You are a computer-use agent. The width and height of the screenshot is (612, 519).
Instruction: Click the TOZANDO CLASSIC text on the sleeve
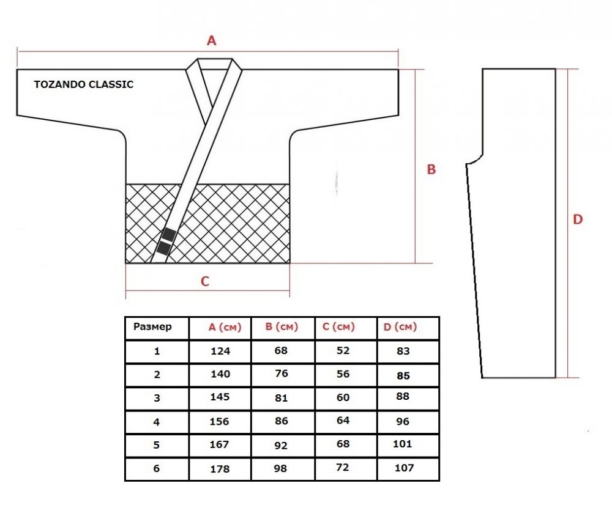tap(83, 84)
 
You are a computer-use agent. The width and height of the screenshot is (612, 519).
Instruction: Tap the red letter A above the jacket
tap(211, 40)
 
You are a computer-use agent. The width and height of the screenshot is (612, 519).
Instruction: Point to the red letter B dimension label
tap(431, 169)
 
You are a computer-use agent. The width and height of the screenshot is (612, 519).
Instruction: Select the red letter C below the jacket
tap(205, 281)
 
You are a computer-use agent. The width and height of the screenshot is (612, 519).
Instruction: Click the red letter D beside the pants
tap(578, 219)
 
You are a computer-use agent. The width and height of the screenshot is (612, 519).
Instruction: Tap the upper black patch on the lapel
tap(169, 234)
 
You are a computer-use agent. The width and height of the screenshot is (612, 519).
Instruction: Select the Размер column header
tap(152, 326)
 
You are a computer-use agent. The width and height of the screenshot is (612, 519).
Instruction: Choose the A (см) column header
tap(225, 327)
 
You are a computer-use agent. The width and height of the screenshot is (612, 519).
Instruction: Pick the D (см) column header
tap(400, 326)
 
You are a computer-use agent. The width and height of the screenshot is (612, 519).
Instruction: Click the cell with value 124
tap(220, 351)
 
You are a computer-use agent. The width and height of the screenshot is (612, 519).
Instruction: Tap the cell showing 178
tap(220, 469)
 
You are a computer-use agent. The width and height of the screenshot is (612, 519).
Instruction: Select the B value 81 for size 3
tap(281, 398)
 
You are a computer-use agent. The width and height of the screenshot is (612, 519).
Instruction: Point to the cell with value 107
tap(404, 468)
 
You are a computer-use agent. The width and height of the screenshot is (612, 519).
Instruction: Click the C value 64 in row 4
tap(343, 421)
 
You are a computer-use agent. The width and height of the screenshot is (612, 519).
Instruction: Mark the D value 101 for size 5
tap(403, 444)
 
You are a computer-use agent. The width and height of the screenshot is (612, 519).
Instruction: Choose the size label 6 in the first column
tap(157, 468)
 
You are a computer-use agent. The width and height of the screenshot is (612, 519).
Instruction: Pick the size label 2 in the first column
tap(157, 375)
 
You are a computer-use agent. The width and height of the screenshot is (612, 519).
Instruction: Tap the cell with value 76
tap(282, 374)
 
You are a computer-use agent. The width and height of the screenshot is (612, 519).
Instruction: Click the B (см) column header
tap(282, 326)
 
